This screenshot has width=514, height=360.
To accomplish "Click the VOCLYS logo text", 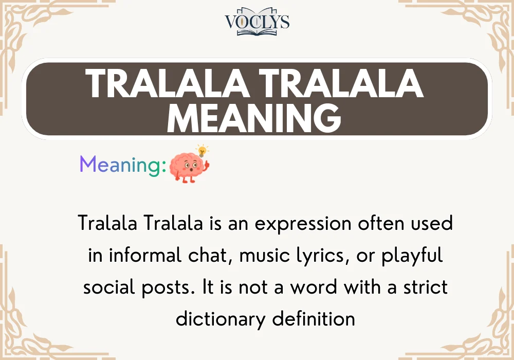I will (x=257, y=21).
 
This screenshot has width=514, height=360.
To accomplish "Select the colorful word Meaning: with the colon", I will (x=123, y=165).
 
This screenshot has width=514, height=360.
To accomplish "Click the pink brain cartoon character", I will (x=189, y=167).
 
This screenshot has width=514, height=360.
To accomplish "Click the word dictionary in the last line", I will (x=220, y=319).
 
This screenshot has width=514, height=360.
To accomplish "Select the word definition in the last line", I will (x=314, y=319).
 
